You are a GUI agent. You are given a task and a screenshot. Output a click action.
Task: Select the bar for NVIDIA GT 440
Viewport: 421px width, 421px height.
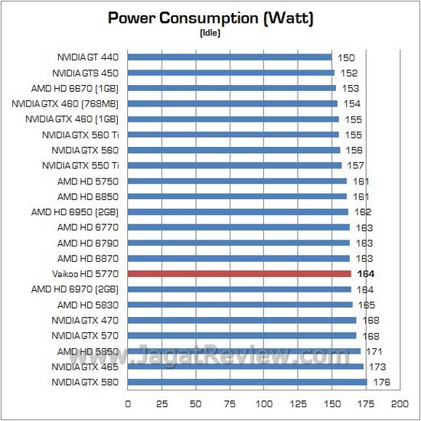(x=230, y=57)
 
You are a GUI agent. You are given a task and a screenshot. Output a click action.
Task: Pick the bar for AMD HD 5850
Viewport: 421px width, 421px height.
(x=243, y=351)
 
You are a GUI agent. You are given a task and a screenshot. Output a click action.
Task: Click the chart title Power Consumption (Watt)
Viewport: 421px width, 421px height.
(x=210, y=18)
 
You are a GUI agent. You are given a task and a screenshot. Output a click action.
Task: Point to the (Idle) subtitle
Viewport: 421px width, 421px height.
(x=210, y=33)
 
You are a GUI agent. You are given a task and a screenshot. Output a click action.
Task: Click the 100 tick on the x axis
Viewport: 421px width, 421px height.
(x=264, y=403)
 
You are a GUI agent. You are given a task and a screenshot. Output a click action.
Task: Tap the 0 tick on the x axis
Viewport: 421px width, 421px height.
(x=128, y=403)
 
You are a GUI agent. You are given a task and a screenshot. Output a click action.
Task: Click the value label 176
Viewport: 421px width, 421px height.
(x=380, y=381)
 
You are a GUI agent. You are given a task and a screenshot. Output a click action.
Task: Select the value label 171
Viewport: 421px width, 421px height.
(x=374, y=351)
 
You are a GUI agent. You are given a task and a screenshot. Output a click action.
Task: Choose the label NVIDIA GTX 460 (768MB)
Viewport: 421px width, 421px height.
(x=68, y=103)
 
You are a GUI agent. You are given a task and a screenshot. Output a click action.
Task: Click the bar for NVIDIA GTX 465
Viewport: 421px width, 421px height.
(x=245, y=366)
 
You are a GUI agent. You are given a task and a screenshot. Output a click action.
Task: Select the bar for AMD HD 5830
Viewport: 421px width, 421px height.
(x=240, y=304)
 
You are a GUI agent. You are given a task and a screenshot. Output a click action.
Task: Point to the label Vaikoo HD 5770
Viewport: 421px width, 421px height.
(x=86, y=273)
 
